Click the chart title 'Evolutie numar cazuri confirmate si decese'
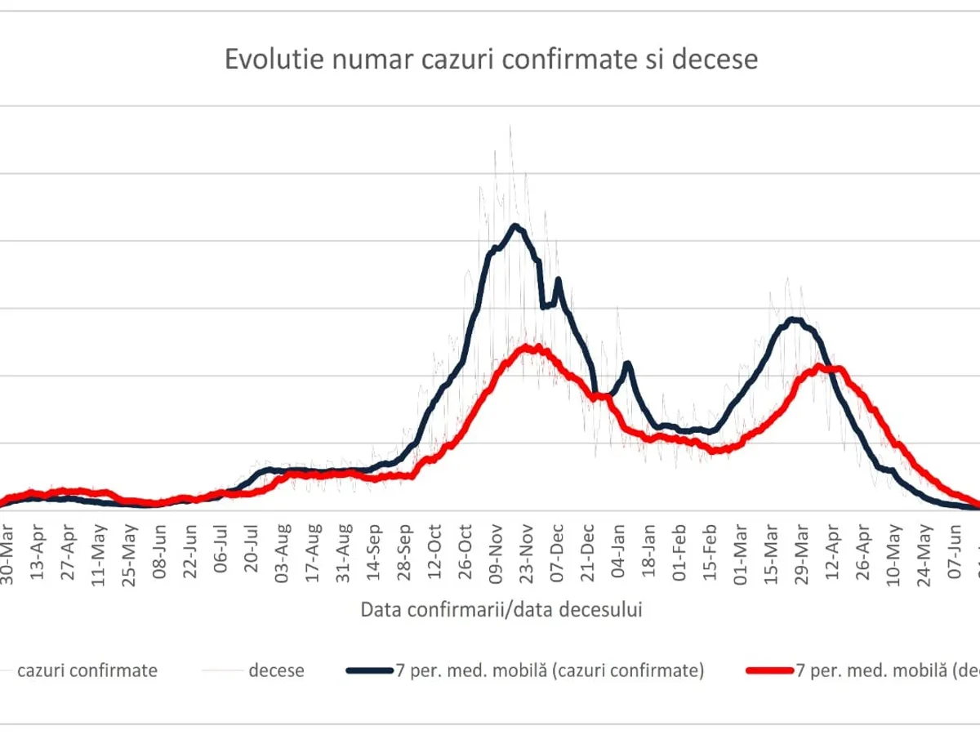click(x=491, y=60)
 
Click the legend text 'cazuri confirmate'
click(x=87, y=670)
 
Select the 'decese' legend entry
click(x=276, y=670)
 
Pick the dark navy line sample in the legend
click(x=370, y=670)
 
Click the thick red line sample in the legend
click(x=768, y=670)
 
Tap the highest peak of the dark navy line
click(x=514, y=225)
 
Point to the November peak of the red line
click(x=529, y=348)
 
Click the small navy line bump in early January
click(x=627, y=363)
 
